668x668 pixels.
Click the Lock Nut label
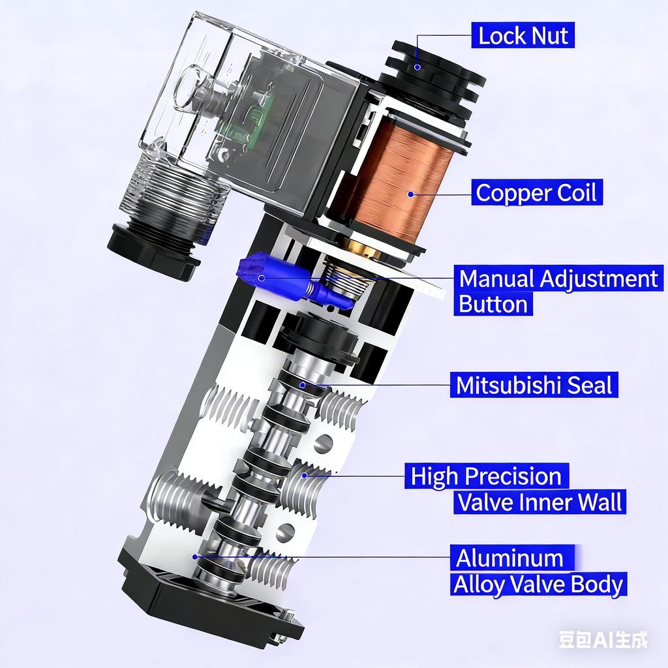coord(523,35)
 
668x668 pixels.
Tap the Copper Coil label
coord(536,192)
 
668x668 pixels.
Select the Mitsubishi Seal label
coord(534,385)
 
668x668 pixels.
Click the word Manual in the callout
coord(497,279)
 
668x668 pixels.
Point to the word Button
coord(493,304)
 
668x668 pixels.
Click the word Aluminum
coord(509,558)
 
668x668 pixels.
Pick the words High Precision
coord(486,476)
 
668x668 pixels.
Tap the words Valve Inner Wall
coord(539,502)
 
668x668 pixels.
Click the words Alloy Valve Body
coord(538,584)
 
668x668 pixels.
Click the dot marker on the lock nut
coord(418,67)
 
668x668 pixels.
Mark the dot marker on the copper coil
coord(411,194)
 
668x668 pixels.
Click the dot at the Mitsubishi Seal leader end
coord(303,385)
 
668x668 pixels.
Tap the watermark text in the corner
coord(603,639)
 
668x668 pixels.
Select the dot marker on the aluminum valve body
coord(194,557)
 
